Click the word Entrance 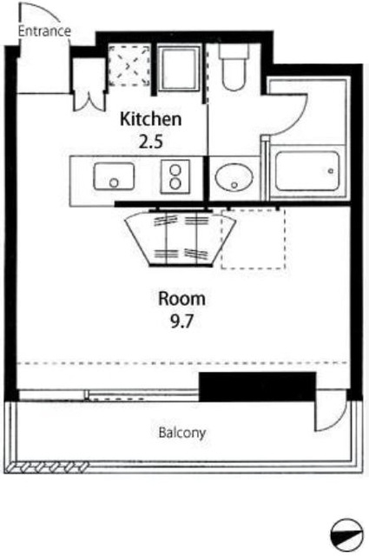[44, 31]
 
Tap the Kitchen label [151, 119]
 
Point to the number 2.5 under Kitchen [151, 142]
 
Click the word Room [181, 299]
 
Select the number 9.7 [181, 321]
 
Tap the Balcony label [181, 433]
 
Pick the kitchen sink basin [114, 175]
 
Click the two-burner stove [175, 176]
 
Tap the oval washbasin [234, 177]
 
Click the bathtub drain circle [331, 171]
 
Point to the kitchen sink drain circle [114, 183]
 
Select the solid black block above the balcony [257, 387]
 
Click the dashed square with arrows [129, 65]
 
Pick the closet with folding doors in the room [181, 238]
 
